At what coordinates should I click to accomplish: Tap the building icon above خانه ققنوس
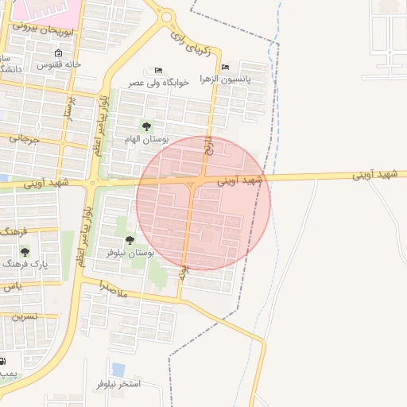[58, 52]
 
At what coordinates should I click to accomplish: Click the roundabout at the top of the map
[166, 16]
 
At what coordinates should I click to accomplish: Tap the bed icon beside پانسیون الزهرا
[226, 67]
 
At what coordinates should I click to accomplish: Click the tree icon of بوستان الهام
[145, 126]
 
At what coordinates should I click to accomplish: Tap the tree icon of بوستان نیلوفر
[129, 239]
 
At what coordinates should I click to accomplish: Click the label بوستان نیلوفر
[130, 252]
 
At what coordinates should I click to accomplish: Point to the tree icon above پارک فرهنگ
[25, 251]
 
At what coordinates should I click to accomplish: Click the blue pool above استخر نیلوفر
[118, 370]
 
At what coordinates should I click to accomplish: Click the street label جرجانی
[24, 139]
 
